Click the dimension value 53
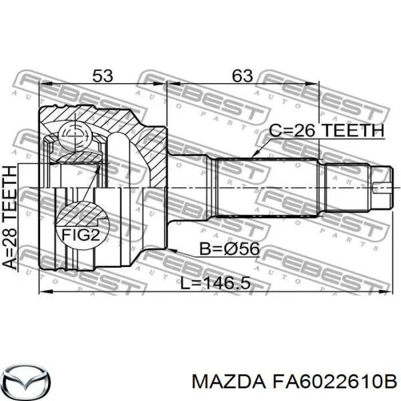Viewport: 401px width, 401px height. pos(102,75)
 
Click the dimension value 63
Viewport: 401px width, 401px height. pos(242,75)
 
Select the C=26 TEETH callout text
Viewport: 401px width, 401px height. pos(326,131)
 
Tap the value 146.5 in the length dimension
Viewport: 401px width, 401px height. pos(225,284)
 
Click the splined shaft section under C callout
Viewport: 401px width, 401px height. pos(266,186)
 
